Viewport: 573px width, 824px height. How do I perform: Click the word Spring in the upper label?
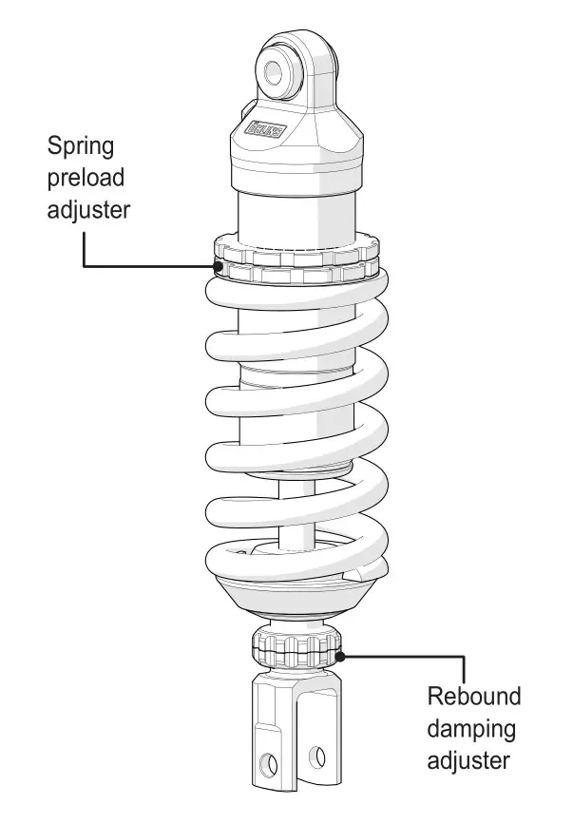coord(83,147)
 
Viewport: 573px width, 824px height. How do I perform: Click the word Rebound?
coord(473,696)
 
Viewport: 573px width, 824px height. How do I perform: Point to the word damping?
coord(472,728)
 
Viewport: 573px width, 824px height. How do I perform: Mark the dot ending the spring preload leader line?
coord(220,267)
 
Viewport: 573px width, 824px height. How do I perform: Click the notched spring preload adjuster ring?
coord(295,261)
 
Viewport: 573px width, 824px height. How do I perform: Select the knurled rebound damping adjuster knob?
coord(296,651)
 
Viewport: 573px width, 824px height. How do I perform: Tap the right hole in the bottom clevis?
coord(318,757)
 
